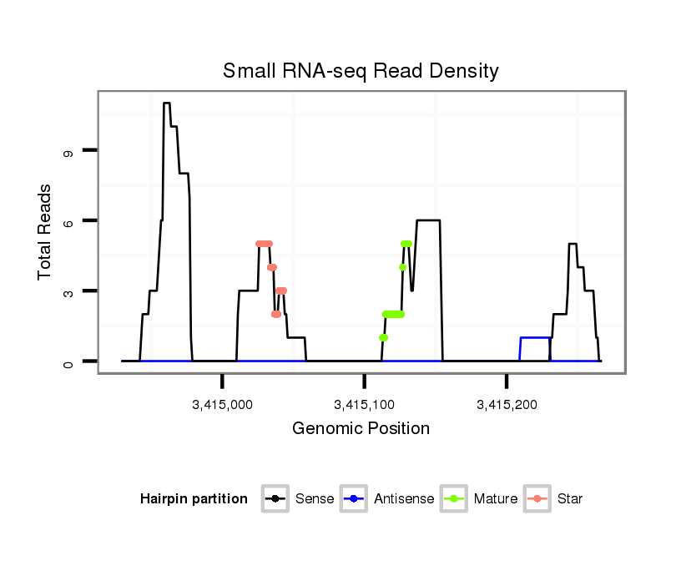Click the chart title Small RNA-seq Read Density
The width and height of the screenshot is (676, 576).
tap(361, 71)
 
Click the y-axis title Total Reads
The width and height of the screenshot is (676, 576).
tap(47, 232)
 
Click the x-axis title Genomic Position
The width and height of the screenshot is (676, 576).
tap(361, 429)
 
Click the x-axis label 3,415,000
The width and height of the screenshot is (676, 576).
tap(222, 405)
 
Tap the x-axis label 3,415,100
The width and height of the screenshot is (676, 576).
tap(364, 405)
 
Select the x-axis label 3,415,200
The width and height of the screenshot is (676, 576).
tap(507, 405)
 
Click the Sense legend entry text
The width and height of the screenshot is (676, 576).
tap(315, 499)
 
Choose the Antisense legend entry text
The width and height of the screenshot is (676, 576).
tap(403, 499)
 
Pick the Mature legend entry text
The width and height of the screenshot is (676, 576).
tap(495, 499)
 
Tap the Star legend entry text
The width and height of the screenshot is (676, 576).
tap(570, 499)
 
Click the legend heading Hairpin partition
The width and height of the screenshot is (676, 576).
tap(194, 499)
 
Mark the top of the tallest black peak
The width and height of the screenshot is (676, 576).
tap(167, 104)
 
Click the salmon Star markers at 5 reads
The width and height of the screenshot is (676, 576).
tap(265, 244)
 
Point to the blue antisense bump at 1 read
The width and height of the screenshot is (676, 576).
tap(535, 338)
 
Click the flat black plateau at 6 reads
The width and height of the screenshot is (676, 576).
tap(428, 220)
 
